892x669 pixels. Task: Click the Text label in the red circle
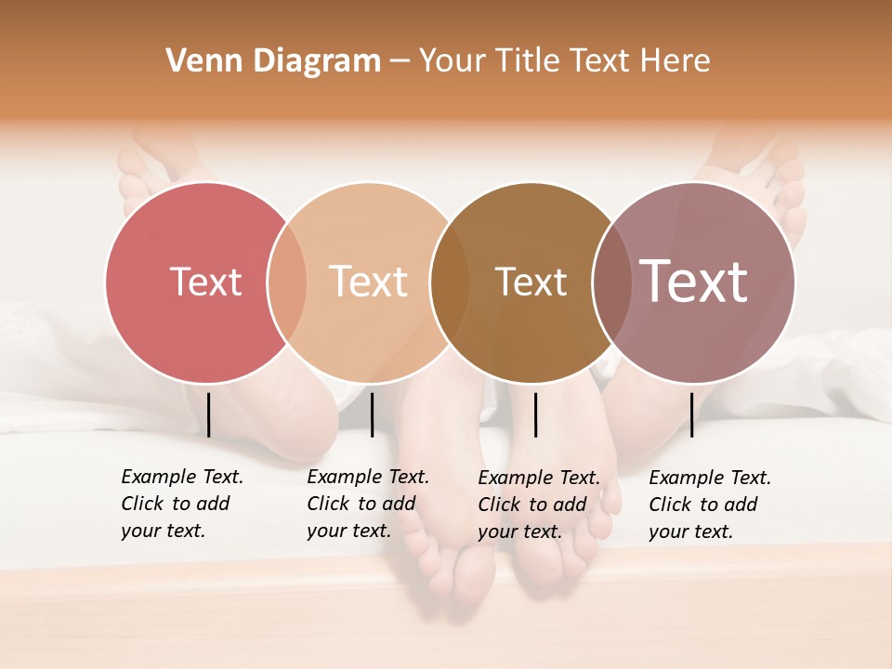(205, 282)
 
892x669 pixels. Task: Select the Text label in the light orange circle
(368, 282)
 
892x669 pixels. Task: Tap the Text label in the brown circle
(531, 282)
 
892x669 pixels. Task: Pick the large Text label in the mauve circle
(693, 281)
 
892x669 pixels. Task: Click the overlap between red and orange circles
(287, 282)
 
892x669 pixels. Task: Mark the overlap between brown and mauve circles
(610, 282)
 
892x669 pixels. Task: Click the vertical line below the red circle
(209, 414)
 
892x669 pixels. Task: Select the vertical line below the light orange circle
(372, 414)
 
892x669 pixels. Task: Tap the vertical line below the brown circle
(535, 414)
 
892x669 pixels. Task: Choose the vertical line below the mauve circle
(691, 414)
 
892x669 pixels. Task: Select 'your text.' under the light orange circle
(348, 531)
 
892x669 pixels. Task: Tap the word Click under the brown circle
(499, 505)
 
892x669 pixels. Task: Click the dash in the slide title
(400, 62)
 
